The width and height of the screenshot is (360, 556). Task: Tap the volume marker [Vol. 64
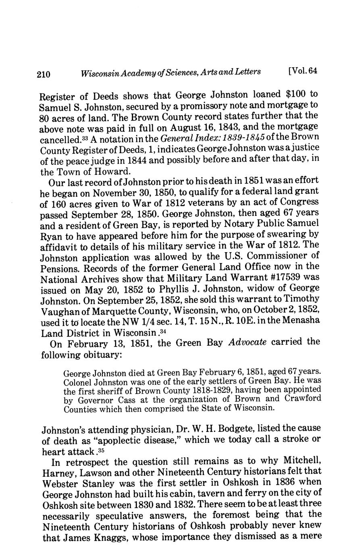click(303, 71)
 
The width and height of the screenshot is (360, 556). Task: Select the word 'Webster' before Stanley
click(58, 483)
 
